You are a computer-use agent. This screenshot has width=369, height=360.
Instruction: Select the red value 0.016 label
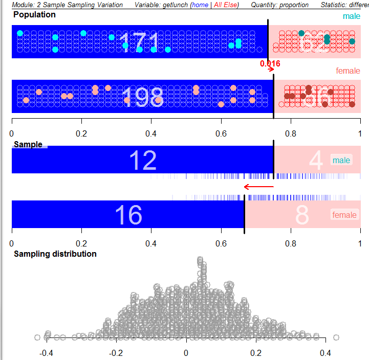tap(270, 63)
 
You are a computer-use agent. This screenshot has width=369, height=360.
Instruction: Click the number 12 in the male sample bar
tap(142, 161)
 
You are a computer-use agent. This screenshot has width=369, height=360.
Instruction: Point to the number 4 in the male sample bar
tap(316, 161)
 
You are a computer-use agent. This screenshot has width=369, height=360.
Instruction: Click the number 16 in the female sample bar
tap(128, 215)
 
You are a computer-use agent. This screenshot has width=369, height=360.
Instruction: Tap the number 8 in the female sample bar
tap(302, 215)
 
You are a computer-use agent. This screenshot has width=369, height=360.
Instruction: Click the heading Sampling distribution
tap(55, 254)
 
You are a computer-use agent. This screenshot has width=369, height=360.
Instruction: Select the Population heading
tap(35, 15)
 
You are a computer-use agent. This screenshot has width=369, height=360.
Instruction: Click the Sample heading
tap(28, 145)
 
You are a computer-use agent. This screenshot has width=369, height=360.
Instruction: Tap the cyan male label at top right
tap(352, 16)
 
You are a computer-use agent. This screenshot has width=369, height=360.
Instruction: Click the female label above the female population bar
tap(348, 71)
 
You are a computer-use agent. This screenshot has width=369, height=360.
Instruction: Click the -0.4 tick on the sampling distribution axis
tap(46, 353)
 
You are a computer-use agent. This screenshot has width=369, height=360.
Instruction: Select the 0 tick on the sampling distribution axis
tap(186, 353)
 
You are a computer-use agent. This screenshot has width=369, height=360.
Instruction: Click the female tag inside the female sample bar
tap(344, 215)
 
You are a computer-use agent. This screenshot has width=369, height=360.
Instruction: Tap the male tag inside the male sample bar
tap(341, 161)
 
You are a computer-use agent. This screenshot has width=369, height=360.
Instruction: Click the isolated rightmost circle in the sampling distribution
tap(336, 337)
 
